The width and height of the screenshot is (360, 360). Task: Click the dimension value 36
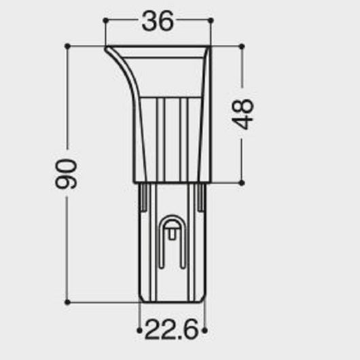click(158, 21)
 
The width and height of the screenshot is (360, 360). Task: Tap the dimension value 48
click(242, 114)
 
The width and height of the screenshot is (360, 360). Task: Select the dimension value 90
click(66, 174)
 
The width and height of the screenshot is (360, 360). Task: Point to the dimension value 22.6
click(172, 329)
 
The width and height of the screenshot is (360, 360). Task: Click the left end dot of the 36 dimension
click(105, 20)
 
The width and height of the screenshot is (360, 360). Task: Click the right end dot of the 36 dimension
click(211, 20)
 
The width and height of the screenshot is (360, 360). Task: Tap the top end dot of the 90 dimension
click(67, 46)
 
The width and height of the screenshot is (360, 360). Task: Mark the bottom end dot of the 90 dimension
click(67, 302)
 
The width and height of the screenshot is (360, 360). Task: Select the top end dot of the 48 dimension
click(242, 47)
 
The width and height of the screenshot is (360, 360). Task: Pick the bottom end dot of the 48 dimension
click(242, 183)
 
